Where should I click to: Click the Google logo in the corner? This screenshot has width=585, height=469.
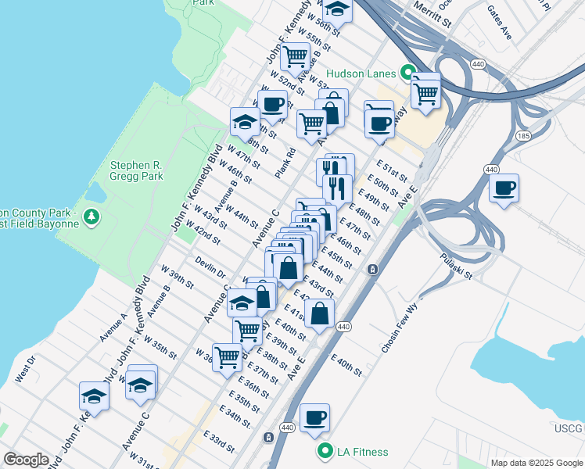(x=26, y=460)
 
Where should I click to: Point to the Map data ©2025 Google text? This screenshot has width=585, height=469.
(x=536, y=463)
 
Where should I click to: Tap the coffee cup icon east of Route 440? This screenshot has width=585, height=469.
(x=504, y=188)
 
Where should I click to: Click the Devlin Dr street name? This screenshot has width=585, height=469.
(x=210, y=268)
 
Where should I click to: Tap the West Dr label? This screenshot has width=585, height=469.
(x=24, y=369)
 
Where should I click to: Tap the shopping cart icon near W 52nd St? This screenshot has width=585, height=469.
(x=295, y=55)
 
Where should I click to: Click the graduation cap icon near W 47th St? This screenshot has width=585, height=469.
(x=244, y=121)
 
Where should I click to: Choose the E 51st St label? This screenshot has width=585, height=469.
(x=392, y=171)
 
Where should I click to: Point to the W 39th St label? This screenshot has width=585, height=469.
(x=177, y=277)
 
